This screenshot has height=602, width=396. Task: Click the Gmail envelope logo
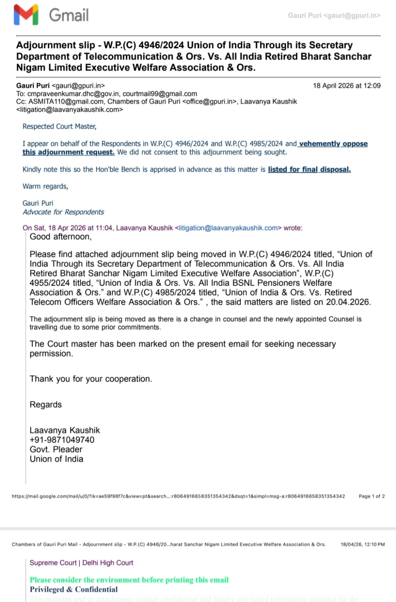[26, 15]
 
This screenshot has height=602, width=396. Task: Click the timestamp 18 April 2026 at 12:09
[346, 86]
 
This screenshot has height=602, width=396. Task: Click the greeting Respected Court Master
[59, 126]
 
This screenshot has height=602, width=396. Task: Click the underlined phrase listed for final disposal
[309, 169]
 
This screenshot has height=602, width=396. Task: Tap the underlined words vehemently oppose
[333, 144]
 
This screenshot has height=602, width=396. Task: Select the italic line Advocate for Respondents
[63, 212]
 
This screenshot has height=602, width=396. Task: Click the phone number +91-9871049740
[62, 440]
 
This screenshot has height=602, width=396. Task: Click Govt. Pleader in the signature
[56, 449]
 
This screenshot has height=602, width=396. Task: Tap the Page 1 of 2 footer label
[372, 496]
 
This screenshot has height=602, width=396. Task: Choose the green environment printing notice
[129, 580]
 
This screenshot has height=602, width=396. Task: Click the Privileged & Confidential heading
[73, 589]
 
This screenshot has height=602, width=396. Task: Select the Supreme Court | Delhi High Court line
[81, 563]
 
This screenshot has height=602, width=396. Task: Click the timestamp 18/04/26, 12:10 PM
[362, 544]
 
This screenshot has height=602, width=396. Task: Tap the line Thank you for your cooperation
[91, 379]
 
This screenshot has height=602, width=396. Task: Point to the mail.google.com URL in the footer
[178, 496]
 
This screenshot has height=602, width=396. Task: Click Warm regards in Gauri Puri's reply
[45, 186]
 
